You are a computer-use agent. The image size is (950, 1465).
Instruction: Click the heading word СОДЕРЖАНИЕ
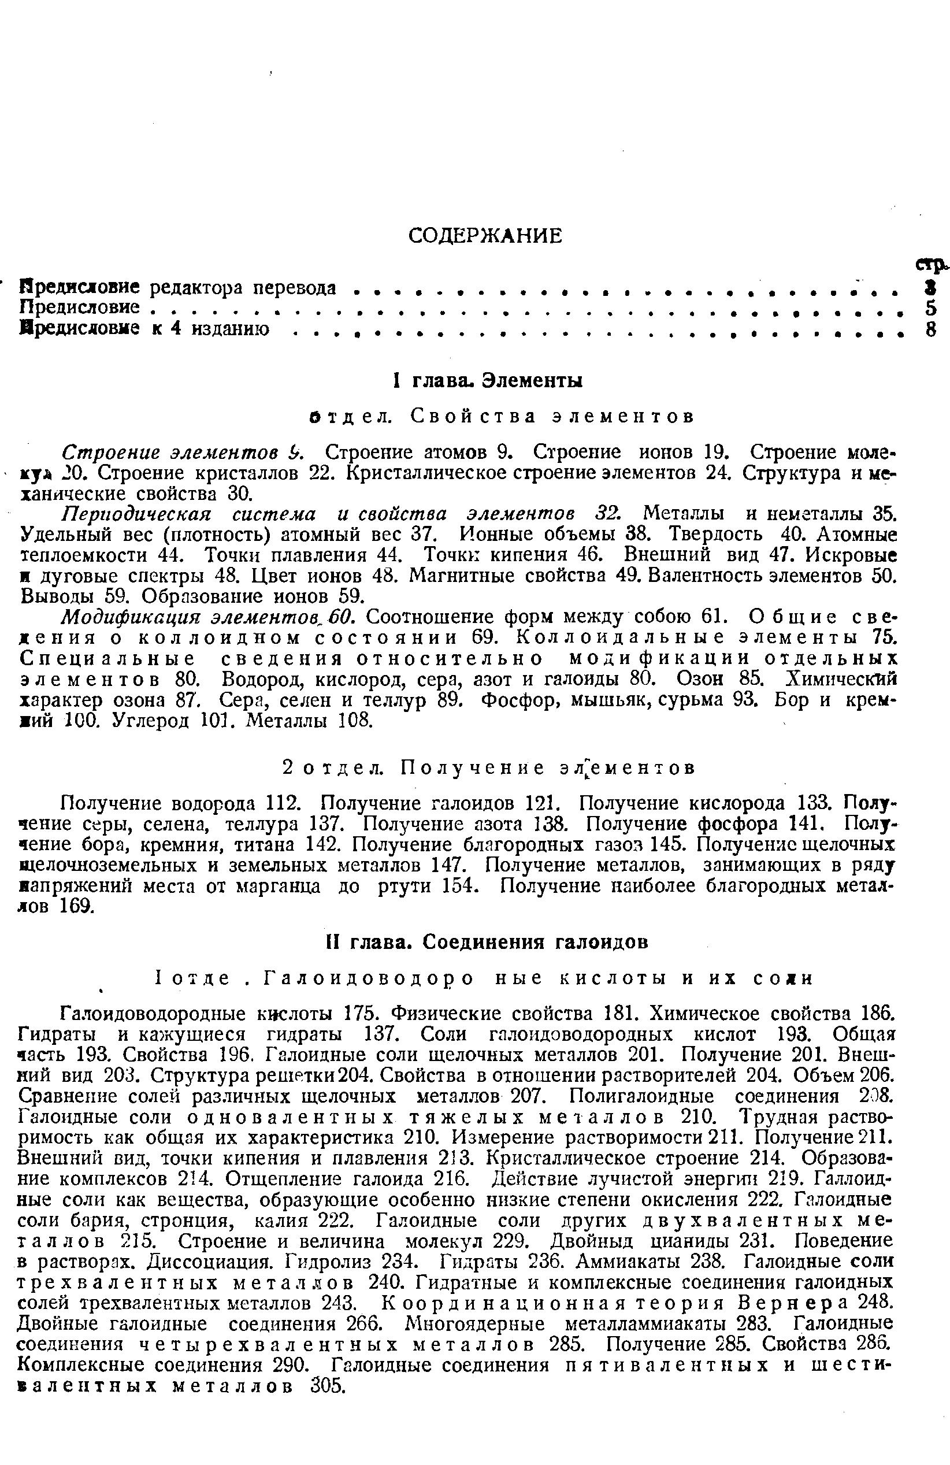(x=485, y=236)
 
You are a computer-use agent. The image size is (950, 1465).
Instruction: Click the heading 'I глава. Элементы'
(x=488, y=380)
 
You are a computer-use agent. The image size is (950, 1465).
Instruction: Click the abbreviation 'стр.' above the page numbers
(x=930, y=265)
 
